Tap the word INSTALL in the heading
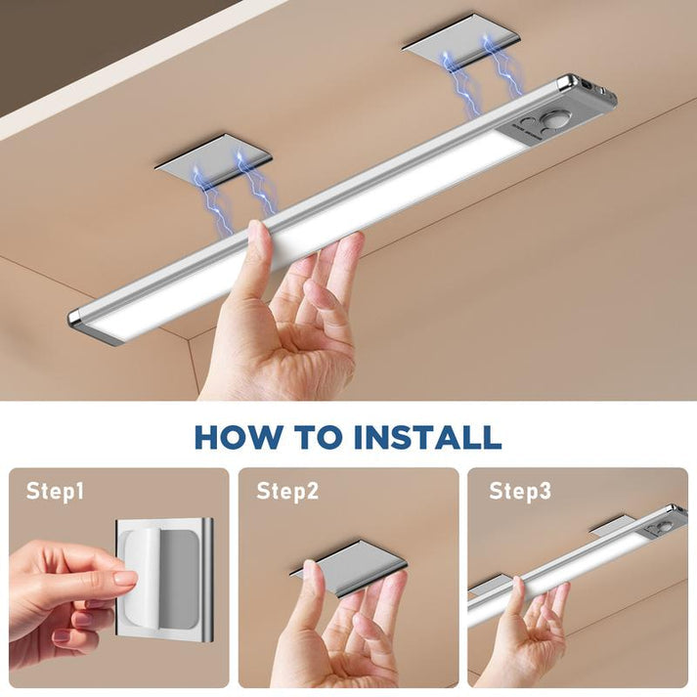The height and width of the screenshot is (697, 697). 426,436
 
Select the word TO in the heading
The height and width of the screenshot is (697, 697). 319,436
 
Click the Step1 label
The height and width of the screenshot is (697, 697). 55,491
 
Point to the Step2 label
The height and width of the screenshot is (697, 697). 287,491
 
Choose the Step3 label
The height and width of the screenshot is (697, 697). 520,491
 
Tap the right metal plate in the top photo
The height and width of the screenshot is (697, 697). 460,40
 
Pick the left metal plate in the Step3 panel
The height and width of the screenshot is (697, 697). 493,584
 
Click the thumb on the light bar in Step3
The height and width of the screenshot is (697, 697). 516,591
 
